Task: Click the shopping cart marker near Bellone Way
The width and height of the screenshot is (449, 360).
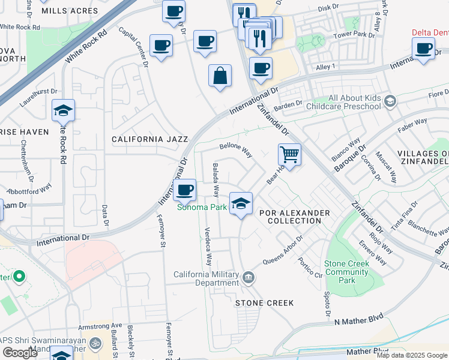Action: pyautogui.click(x=289, y=155)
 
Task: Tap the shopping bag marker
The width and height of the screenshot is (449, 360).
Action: pyautogui.click(x=220, y=76)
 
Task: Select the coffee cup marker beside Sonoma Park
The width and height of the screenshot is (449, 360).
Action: pyautogui.click(x=184, y=190)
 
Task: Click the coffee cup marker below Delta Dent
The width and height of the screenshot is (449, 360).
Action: pyautogui.click(x=423, y=48)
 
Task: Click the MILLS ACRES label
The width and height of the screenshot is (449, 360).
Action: pyautogui.click(x=69, y=11)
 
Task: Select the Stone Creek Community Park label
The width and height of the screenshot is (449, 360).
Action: pyautogui.click(x=346, y=272)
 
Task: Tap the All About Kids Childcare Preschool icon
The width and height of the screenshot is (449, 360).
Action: pyautogui.click(x=391, y=101)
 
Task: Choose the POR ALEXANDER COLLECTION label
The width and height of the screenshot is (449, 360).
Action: pyautogui.click(x=294, y=217)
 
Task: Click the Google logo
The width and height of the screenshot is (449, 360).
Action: pyautogui.click(x=20, y=352)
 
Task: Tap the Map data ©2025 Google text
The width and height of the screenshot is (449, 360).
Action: pyautogui.click(x=412, y=355)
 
